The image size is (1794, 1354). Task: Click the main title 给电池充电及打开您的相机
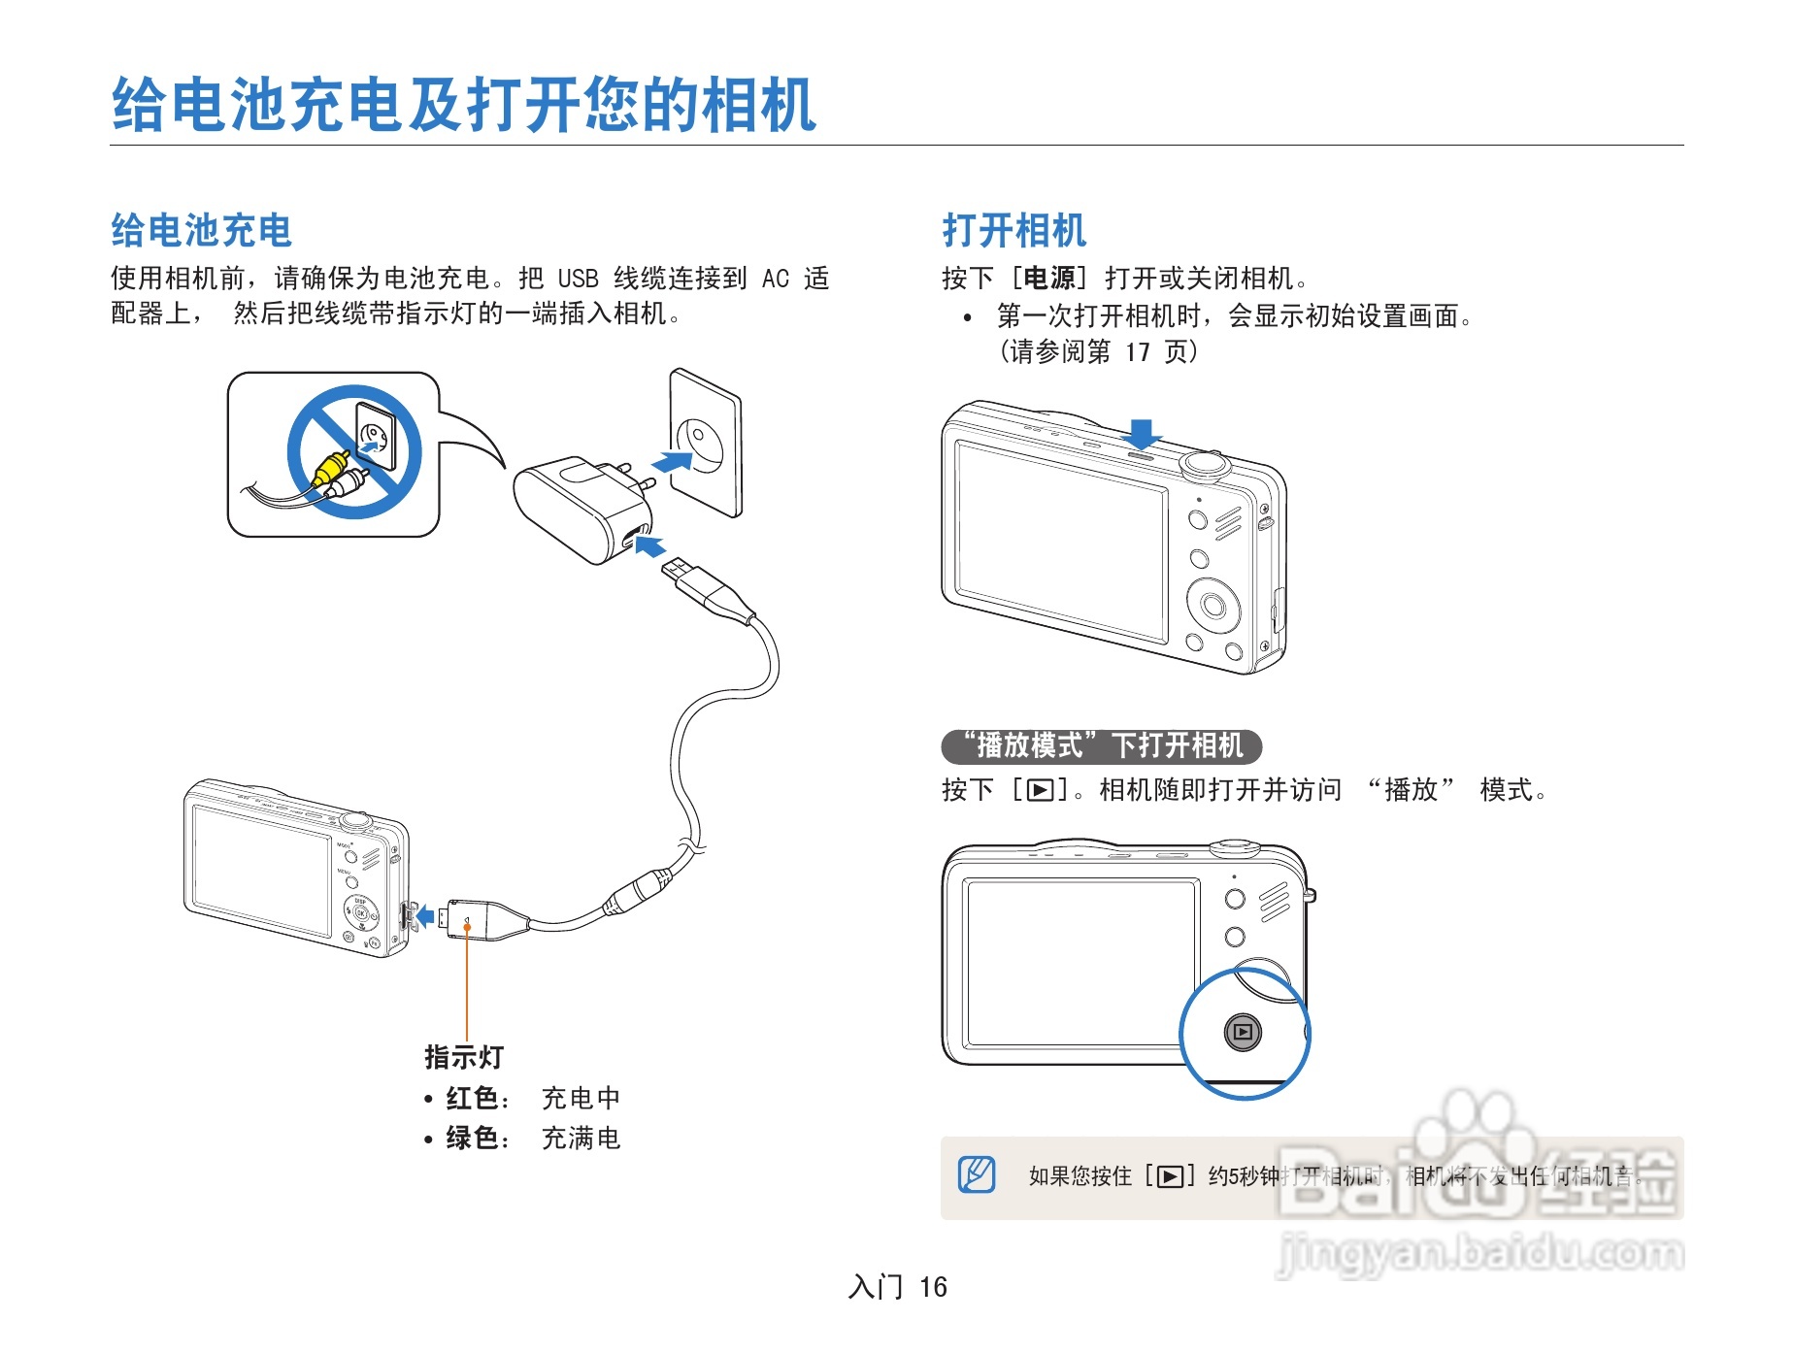(464, 105)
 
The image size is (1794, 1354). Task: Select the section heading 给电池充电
(201, 231)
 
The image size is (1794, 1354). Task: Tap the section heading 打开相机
(1013, 231)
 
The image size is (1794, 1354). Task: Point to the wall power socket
(706, 442)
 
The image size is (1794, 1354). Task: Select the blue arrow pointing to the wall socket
(672, 460)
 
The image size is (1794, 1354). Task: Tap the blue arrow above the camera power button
(1142, 433)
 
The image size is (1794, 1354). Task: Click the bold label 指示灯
(464, 1057)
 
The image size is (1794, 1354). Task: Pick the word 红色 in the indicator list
(473, 1098)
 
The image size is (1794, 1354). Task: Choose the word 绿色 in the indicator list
(473, 1138)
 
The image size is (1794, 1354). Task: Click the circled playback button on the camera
(1243, 1032)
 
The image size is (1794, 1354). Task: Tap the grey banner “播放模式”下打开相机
(1101, 746)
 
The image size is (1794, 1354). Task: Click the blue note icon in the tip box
(977, 1174)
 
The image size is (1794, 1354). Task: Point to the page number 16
(933, 1287)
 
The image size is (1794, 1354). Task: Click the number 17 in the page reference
(1138, 351)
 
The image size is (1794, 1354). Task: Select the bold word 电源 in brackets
(1049, 279)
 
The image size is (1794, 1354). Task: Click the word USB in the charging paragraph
(578, 279)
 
